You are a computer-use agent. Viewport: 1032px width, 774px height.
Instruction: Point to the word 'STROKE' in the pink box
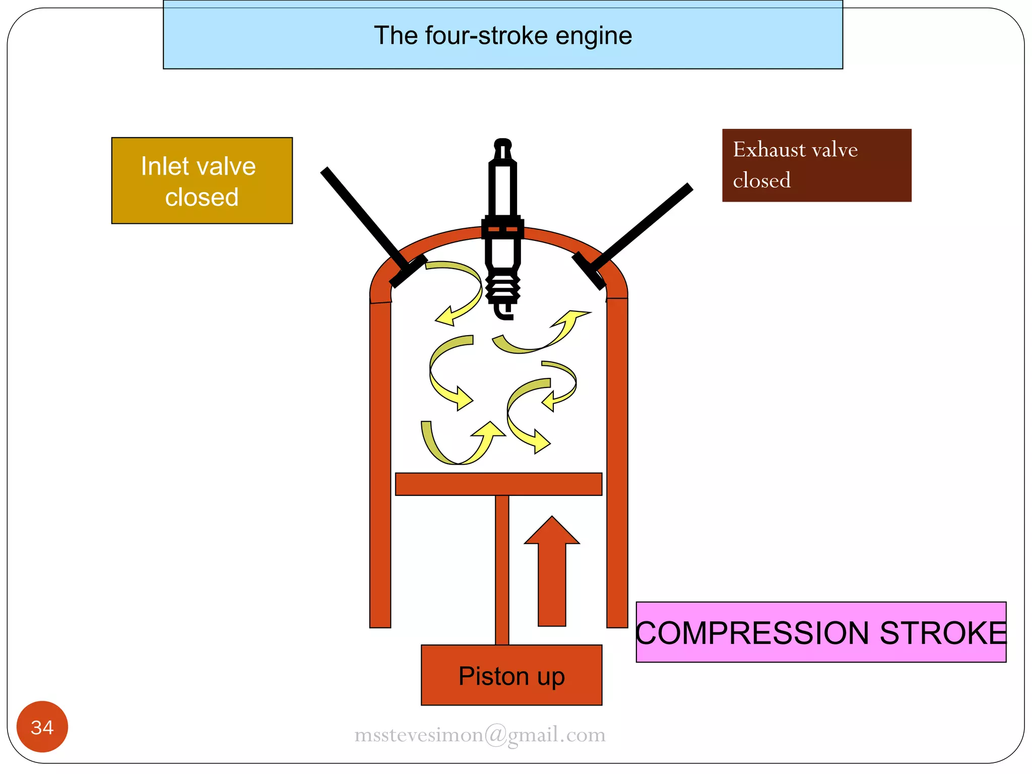click(x=943, y=633)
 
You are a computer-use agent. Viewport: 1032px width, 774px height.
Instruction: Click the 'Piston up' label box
click(x=511, y=675)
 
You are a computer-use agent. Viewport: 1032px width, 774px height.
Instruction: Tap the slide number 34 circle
click(x=42, y=727)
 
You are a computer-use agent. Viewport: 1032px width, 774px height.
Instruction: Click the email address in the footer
click(x=480, y=735)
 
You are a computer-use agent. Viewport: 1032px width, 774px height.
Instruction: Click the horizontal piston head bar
click(x=498, y=484)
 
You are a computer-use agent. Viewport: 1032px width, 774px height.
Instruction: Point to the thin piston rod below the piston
click(x=502, y=569)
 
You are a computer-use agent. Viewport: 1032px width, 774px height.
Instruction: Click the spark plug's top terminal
click(x=503, y=146)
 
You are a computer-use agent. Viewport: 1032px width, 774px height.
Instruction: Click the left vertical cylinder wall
click(x=380, y=464)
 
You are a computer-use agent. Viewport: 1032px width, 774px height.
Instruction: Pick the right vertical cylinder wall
click(x=617, y=464)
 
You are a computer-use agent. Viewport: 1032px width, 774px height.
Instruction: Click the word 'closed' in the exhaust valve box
click(x=761, y=180)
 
